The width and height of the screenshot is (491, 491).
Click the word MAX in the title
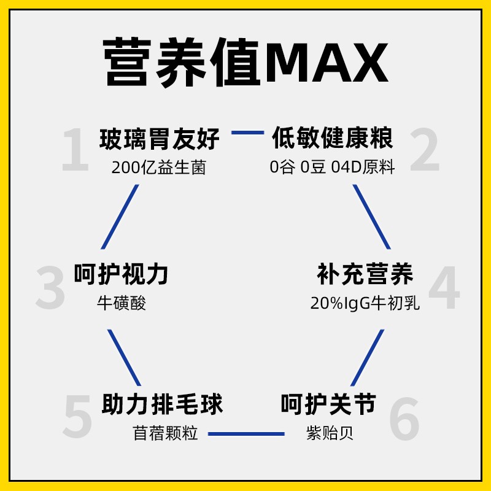327,63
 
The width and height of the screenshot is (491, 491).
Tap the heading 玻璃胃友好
160,139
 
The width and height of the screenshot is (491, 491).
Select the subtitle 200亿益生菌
159,168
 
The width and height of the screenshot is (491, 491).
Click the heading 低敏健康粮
332,139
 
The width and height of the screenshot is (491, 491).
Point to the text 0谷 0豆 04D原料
332,168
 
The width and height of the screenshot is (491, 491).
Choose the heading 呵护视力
121,274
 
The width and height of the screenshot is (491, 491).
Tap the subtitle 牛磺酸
122,303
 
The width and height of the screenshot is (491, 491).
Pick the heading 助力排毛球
162,404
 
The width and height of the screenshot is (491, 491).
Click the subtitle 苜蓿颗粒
166,433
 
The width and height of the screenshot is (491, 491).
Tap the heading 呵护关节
328,404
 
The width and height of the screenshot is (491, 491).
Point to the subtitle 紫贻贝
330,433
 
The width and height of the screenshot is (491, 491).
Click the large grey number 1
75,150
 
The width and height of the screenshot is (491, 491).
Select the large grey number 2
425,150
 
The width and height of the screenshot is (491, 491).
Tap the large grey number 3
50,287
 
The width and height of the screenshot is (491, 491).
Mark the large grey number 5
77,417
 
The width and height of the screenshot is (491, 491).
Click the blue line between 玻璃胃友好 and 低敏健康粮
247,132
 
